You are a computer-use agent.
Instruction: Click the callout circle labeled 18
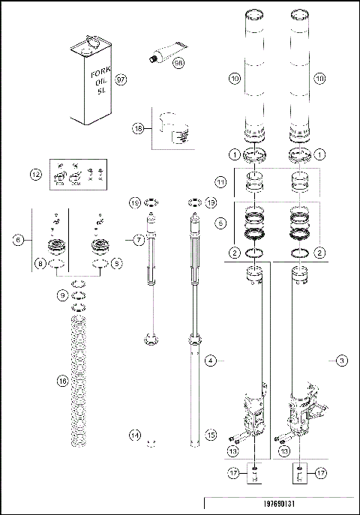138,128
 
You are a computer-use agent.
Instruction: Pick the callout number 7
139,240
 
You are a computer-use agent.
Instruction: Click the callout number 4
211,361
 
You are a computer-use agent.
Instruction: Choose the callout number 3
341,361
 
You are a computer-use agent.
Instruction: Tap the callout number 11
220,182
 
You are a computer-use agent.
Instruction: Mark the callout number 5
220,223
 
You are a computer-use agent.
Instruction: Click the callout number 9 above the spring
61,295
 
